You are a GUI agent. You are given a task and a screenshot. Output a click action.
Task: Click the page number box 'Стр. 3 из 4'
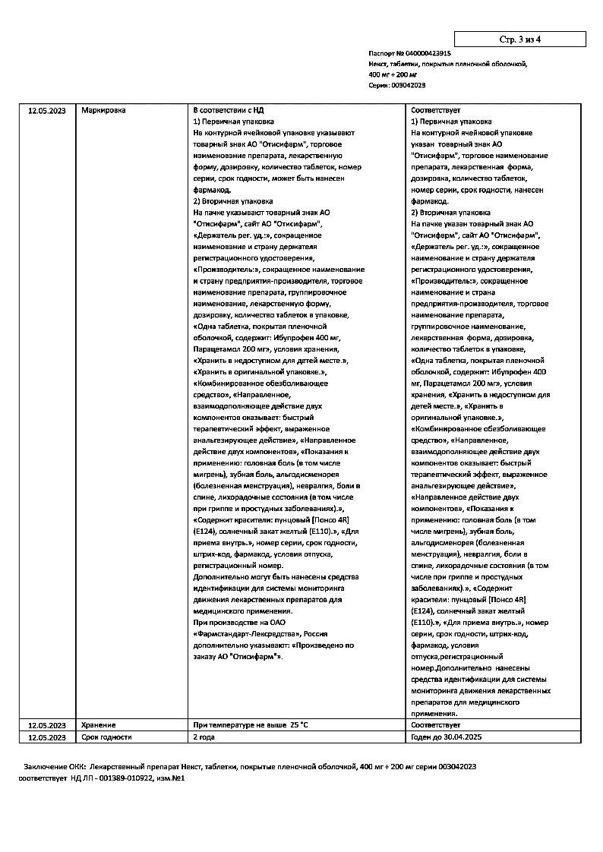point(520,39)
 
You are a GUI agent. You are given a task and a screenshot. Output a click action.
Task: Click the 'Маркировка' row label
point(103,111)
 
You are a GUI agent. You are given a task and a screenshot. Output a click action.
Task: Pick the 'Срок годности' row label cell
point(106,737)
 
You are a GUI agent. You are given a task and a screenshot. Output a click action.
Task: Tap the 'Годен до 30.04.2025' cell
point(446,737)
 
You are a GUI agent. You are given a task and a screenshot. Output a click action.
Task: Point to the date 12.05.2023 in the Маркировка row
point(47,111)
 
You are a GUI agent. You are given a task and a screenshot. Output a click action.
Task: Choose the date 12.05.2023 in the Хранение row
point(47,725)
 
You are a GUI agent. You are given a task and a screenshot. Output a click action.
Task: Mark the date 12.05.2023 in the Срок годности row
point(47,737)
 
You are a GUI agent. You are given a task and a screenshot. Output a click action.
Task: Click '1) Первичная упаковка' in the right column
point(450,121)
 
